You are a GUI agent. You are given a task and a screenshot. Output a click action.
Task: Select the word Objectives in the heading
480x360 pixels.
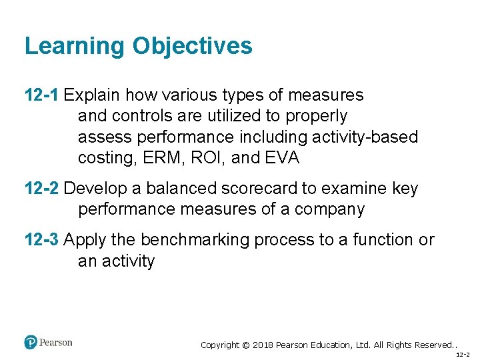click(192, 46)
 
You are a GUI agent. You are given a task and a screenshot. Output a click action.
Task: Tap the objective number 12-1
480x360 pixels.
click(42, 95)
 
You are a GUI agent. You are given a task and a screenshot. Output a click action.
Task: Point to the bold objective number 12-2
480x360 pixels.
click(42, 189)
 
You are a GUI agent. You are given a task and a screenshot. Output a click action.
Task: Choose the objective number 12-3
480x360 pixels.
click(42, 240)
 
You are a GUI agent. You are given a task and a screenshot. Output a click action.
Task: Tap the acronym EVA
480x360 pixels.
click(283, 158)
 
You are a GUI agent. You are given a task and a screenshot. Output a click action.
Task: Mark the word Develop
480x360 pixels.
click(94, 189)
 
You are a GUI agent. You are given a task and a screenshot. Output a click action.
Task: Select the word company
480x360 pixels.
click(331, 209)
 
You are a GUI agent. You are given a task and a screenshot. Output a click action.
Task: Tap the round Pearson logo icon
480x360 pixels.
click(31, 343)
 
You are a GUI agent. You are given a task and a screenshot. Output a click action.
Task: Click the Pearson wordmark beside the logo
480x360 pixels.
click(55, 343)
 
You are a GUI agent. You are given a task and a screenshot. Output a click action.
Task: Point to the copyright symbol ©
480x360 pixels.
click(246, 345)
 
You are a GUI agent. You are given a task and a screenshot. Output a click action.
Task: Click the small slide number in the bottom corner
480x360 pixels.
click(463, 355)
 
